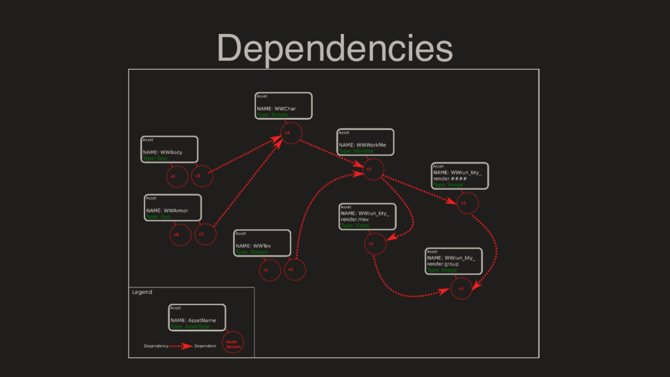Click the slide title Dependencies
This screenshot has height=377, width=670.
(x=334, y=48)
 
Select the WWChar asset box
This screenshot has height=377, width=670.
(x=283, y=106)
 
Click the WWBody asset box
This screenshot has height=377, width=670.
(x=169, y=149)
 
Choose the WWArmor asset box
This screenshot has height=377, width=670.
(x=173, y=207)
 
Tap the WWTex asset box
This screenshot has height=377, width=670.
(x=262, y=243)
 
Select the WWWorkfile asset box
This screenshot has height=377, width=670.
(x=365, y=142)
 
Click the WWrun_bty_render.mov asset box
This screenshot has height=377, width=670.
(x=367, y=217)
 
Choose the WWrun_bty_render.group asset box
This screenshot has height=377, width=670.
(x=453, y=261)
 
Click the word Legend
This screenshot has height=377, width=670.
(x=142, y=292)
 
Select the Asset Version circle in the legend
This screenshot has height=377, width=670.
(x=232, y=342)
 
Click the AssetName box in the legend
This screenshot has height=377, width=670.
(x=197, y=317)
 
